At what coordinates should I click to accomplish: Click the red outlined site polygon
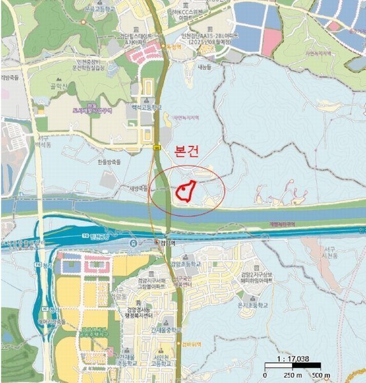click(x=186, y=191)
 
